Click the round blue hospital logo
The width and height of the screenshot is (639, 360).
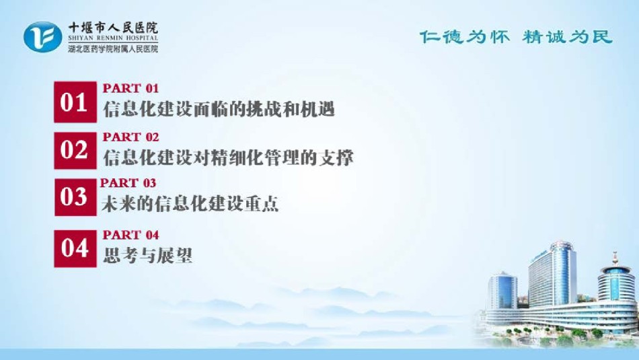[x=43, y=37]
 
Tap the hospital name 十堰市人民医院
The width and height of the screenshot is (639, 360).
[x=113, y=28]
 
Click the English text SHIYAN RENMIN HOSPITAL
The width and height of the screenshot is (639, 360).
[x=113, y=38]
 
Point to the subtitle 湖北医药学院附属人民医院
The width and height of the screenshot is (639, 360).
[x=113, y=49]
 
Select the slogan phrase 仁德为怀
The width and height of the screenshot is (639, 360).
[x=465, y=37]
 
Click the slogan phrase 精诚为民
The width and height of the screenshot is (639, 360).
[x=568, y=37]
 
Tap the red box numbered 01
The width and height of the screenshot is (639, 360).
[x=75, y=102]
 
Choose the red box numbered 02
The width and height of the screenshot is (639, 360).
[x=75, y=151]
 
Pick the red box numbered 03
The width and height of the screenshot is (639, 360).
[x=75, y=197]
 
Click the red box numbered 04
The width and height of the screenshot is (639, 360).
[x=75, y=249]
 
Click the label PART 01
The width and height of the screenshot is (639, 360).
[x=130, y=88]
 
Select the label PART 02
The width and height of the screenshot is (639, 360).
[x=130, y=137]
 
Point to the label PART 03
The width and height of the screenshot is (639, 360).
[x=128, y=182]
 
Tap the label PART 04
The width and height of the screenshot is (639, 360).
[x=130, y=235]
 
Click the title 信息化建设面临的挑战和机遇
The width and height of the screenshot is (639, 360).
[x=219, y=109]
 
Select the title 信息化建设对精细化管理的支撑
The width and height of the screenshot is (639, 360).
[x=228, y=157]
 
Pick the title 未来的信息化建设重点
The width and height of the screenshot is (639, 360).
[x=190, y=204]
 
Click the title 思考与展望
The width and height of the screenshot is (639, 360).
[x=147, y=256]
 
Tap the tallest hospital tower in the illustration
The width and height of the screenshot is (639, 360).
[x=553, y=274]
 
